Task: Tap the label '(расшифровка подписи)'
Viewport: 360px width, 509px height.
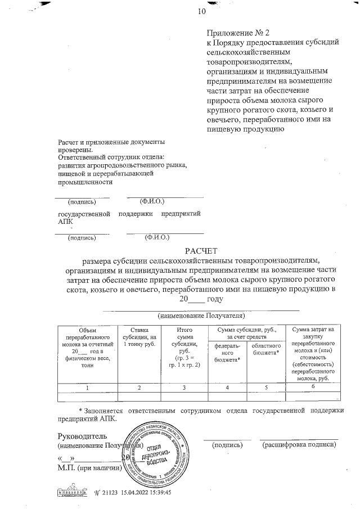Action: click(x=299, y=445)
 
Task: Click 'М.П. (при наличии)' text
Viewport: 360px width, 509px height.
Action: click(x=90, y=468)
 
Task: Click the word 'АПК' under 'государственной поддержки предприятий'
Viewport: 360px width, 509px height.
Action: click(x=66, y=222)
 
